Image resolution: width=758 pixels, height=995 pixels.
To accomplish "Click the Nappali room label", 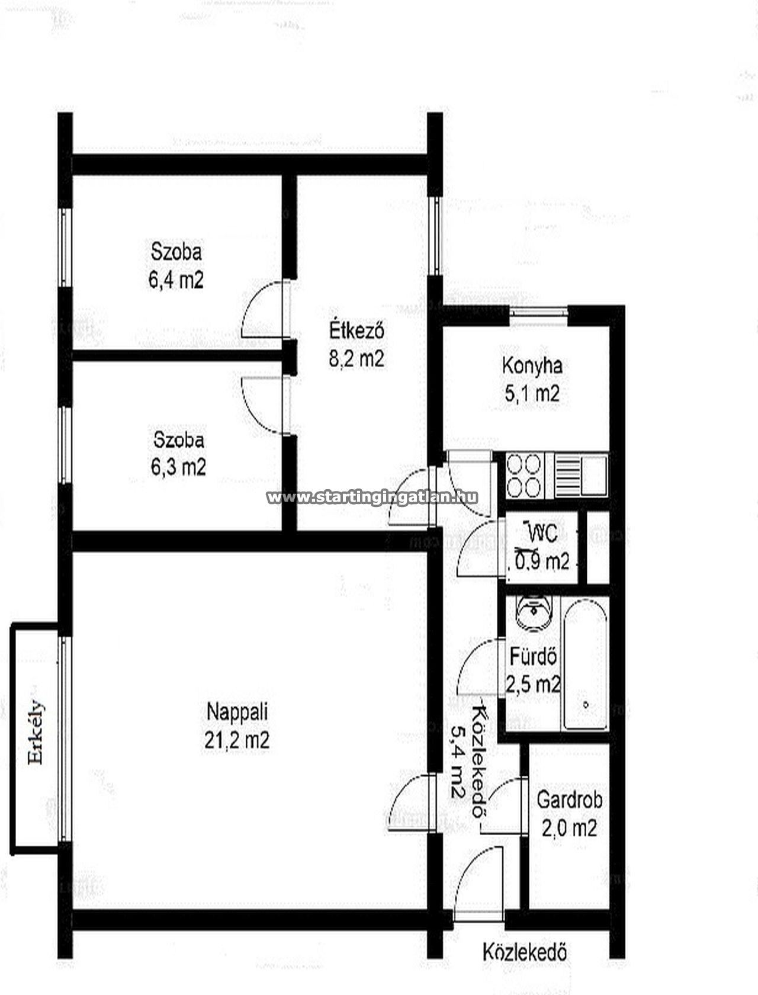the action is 237,712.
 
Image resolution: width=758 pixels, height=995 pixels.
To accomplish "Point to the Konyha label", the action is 532,366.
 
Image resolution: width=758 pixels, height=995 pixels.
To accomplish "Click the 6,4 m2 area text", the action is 176,280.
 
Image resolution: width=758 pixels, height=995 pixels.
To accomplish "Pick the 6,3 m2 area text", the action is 178,467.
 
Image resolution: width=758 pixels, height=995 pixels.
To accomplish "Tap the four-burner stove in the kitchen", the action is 523,476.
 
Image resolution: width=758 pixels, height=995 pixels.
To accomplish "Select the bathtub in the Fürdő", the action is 585,665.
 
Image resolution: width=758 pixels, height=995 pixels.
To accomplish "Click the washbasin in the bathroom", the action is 534,612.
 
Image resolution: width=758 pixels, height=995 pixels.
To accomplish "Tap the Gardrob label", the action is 570,800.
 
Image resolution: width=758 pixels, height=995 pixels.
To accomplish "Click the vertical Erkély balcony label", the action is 36,731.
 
